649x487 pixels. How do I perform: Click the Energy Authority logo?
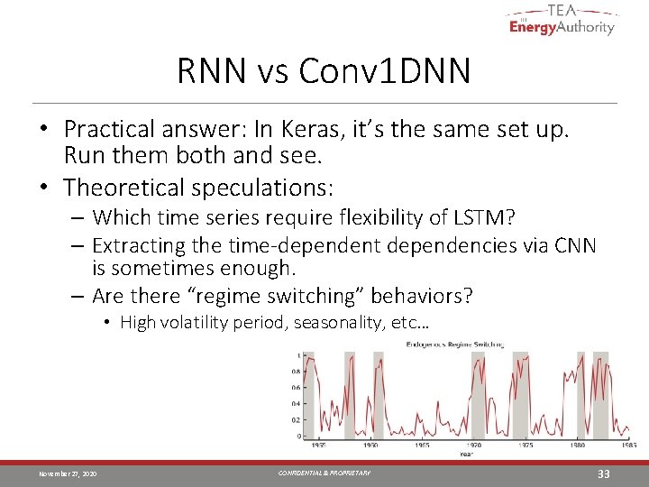561,20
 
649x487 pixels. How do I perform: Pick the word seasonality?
335,323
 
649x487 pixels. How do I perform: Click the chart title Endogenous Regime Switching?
454,344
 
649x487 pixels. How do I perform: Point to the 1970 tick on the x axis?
474,445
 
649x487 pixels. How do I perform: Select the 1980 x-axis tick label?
577,445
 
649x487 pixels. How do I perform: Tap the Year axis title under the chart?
466,454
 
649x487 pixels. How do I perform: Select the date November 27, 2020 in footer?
68,474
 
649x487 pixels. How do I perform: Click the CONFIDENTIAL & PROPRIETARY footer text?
324,473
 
